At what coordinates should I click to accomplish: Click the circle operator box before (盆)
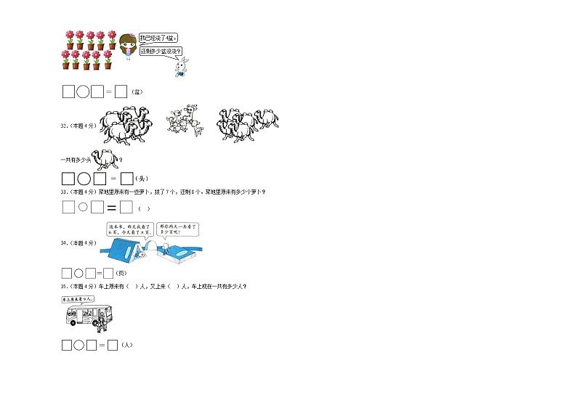[83, 92]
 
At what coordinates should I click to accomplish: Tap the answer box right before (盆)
[121, 92]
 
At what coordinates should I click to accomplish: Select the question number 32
[64, 126]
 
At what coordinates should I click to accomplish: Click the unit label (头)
[144, 179]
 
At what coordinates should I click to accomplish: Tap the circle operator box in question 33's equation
[83, 208]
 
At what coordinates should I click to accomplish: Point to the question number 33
[64, 192]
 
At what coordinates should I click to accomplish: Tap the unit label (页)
[121, 274]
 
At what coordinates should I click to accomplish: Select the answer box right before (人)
[113, 346]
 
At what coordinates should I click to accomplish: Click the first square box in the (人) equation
[67, 346]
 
